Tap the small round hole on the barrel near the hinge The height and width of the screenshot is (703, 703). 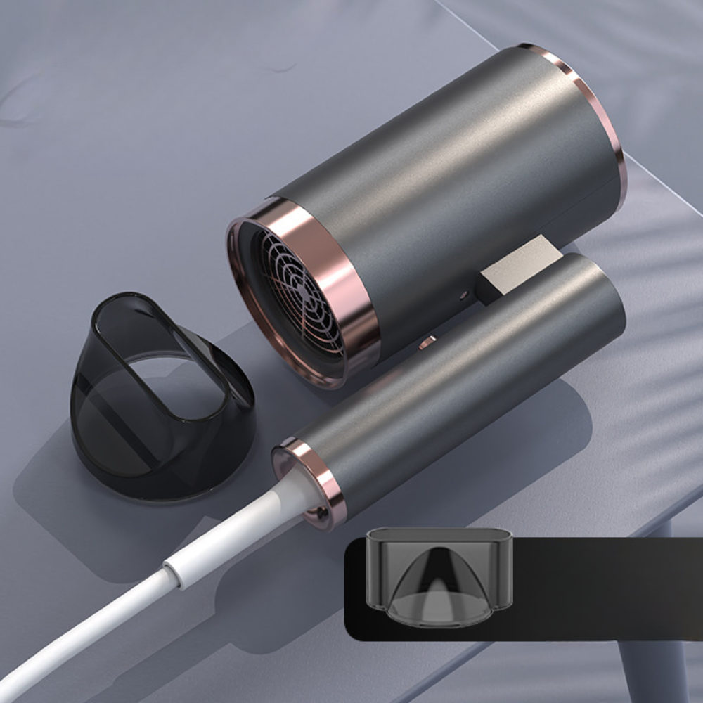point(465,296)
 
